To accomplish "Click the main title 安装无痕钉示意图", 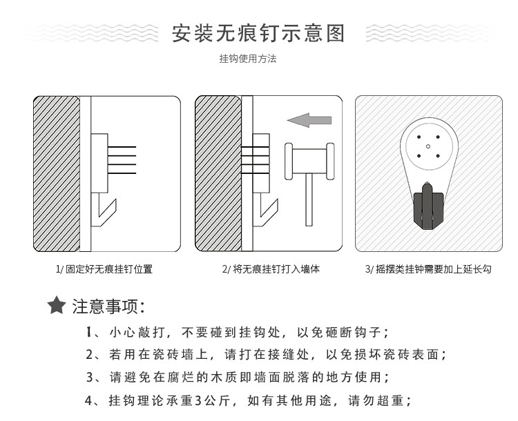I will [258, 32].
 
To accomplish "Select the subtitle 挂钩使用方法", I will [248, 59].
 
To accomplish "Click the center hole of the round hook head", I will [428, 146].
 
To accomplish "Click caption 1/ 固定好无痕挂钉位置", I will [104, 269].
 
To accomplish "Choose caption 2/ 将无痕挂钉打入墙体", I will [271, 269].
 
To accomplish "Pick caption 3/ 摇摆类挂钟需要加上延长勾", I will [428, 269].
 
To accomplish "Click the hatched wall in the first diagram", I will [57, 173].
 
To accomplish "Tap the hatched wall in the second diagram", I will [218, 173].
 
